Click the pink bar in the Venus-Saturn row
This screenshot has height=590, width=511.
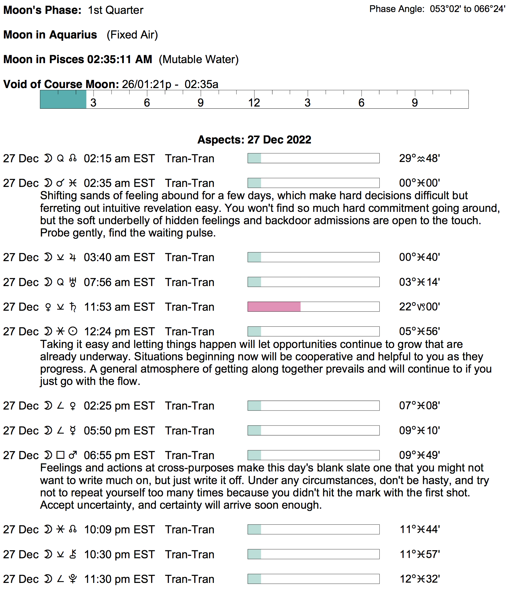(x=274, y=307)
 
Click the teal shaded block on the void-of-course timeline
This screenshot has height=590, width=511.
(x=63, y=99)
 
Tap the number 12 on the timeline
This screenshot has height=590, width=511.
(x=254, y=103)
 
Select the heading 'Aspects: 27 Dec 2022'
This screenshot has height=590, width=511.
(x=254, y=140)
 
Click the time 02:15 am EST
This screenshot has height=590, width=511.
(x=119, y=159)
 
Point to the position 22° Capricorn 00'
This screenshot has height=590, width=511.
(x=419, y=307)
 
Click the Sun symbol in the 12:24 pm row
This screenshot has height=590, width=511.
(x=73, y=332)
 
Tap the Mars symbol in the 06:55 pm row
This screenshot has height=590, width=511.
(x=73, y=455)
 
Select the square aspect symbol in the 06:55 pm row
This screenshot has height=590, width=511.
(x=60, y=455)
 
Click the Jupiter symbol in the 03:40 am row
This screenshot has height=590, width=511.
(x=73, y=257)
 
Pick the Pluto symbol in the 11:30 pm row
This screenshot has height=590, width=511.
(x=73, y=579)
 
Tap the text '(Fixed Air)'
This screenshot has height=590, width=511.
(x=132, y=35)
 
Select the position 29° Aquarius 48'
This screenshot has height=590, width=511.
(x=419, y=159)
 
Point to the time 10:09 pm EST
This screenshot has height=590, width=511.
(x=119, y=530)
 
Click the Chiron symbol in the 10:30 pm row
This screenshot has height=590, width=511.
(x=73, y=554)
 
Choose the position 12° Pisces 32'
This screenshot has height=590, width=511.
(x=419, y=579)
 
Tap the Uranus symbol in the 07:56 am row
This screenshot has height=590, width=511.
(x=73, y=282)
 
